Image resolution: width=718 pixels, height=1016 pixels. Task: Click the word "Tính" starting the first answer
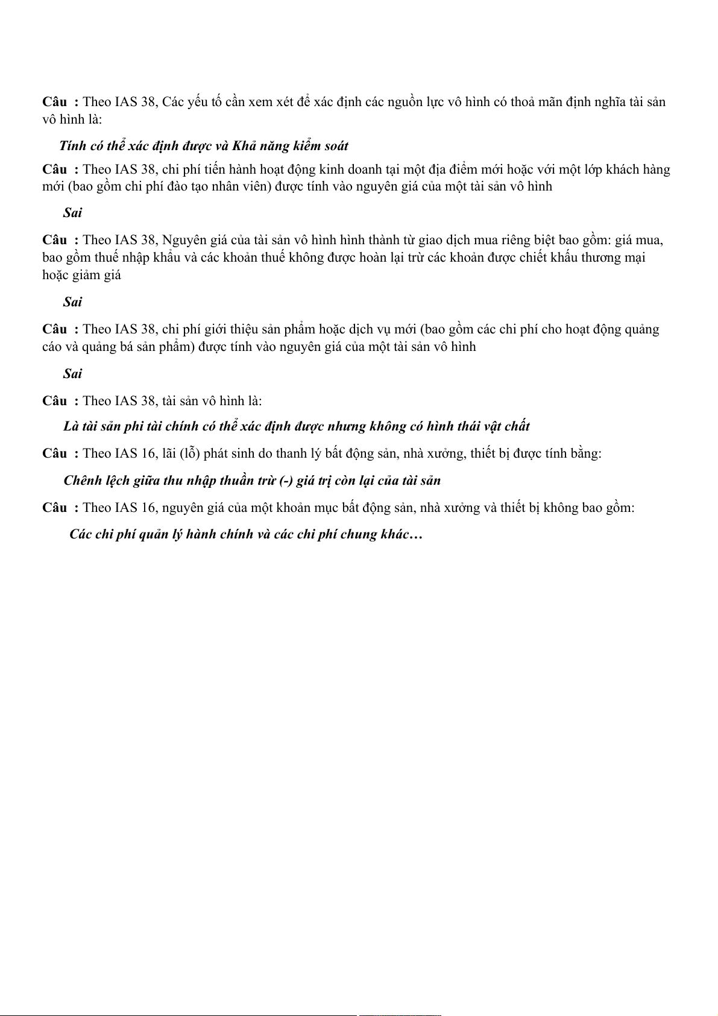(x=73, y=146)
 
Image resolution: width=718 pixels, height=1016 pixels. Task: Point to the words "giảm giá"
(x=97, y=275)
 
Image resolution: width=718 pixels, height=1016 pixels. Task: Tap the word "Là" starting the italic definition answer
(x=71, y=426)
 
